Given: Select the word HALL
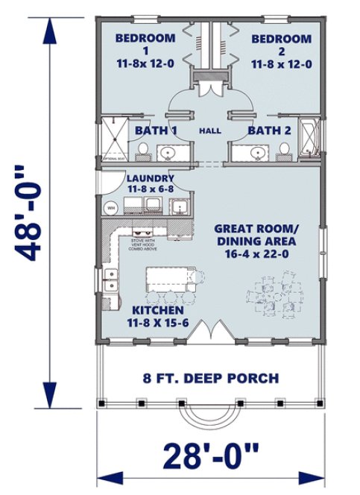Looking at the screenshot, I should click(209, 131).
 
